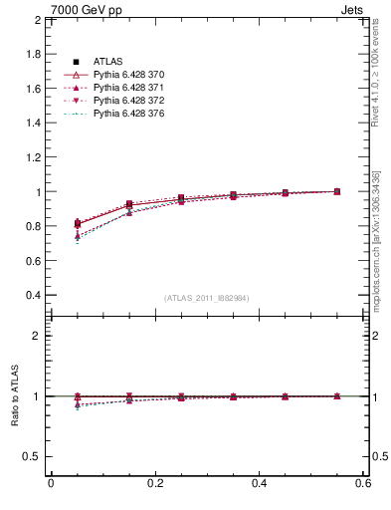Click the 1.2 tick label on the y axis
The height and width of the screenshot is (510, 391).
32,157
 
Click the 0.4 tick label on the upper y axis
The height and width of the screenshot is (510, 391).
32,295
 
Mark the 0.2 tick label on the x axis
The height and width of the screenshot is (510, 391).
154,484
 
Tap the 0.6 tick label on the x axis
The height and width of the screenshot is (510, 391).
363,484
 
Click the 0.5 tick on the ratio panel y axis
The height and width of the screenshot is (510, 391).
32,456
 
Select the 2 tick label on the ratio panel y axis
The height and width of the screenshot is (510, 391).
37,336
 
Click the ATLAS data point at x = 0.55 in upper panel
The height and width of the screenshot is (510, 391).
336,191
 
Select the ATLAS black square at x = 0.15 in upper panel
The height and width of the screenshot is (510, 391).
128,204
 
